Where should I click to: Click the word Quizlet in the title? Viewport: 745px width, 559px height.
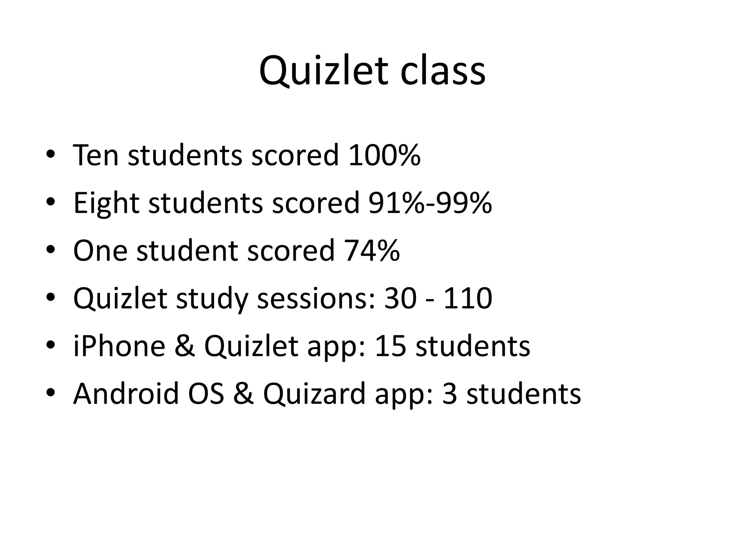tap(324, 71)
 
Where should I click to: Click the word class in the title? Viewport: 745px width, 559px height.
tap(443, 71)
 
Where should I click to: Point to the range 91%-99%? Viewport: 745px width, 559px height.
tap(430, 203)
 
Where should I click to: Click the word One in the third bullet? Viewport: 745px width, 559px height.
tap(100, 251)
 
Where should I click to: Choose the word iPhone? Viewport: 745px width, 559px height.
tap(119, 346)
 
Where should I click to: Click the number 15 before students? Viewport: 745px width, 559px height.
tap(390, 346)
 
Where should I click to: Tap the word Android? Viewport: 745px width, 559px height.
tap(126, 394)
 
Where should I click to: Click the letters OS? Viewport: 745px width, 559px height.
tap(206, 394)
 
